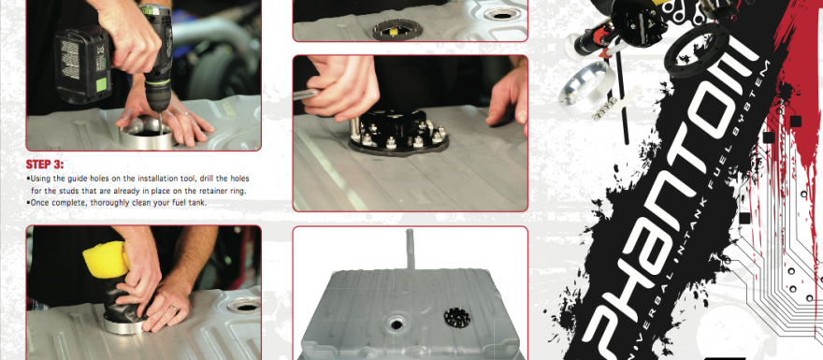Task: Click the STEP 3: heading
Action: point(45,165)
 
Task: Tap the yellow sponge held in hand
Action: point(107,259)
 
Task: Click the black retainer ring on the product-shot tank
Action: point(457,317)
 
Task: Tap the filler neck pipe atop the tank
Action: point(411,250)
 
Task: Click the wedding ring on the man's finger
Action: point(175,310)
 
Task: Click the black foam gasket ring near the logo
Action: point(698,50)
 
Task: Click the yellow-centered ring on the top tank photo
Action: point(394,30)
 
